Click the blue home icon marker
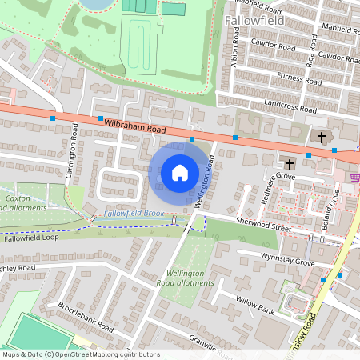pos(180,172)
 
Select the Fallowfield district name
pos(254,19)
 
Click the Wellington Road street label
pos(206,180)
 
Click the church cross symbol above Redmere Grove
pos(289,163)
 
